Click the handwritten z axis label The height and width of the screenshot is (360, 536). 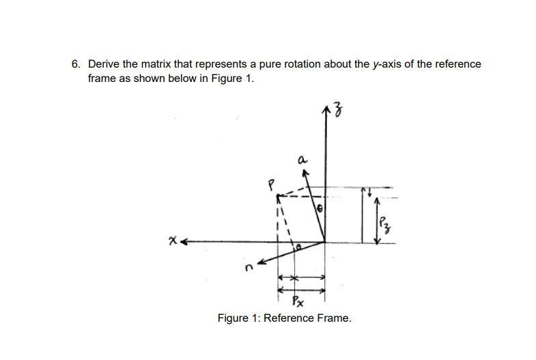point(338,111)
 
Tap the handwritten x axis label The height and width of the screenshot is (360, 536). point(173,241)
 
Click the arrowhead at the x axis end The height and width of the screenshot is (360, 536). point(183,242)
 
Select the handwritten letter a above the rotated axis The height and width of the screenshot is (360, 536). point(302,159)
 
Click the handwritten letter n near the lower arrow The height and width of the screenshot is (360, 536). point(249,268)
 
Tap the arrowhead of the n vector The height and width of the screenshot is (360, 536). point(262,262)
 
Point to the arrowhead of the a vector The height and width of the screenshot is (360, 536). point(306,174)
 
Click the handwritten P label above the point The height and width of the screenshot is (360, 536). point(271,185)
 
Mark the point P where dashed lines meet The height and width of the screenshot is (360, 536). point(278,196)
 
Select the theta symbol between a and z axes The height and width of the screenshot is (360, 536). point(320,208)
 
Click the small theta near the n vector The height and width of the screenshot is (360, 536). point(298,247)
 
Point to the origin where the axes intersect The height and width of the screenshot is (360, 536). point(325,242)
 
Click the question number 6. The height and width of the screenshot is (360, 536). point(76,64)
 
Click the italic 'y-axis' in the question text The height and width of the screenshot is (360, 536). point(386,64)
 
